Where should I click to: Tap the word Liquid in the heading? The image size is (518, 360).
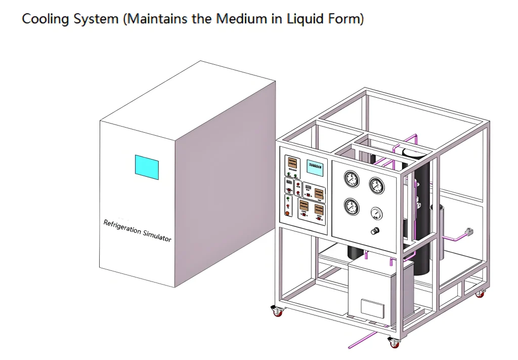click(306, 20)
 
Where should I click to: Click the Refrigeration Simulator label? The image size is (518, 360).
click(137, 230)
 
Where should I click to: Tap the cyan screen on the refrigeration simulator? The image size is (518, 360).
click(147, 167)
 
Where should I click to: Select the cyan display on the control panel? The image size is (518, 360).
click(315, 168)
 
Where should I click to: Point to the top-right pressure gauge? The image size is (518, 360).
click(376, 186)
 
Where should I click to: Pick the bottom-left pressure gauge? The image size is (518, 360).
click(351, 206)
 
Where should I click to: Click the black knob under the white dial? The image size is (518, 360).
click(375, 231)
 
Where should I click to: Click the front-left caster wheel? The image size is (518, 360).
click(277, 311)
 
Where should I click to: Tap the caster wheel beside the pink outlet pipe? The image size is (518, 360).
click(393, 342)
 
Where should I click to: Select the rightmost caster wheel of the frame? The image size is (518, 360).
click(479, 293)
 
